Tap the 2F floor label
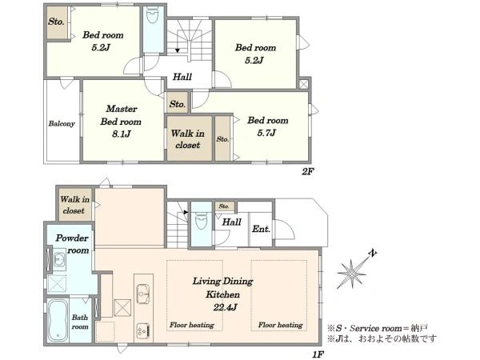pyautogui.click(x=308, y=171)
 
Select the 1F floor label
pyautogui.click(x=318, y=354)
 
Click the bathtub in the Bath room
pyautogui.click(x=58, y=320)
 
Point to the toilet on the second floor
pyautogui.click(x=153, y=14)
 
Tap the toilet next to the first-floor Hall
pyautogui.click(x=201, y=220)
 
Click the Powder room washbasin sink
pyautogui.click(x=59, y=259)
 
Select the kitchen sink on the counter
pyautogui.click(x=143, y=294)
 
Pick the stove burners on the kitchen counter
pyautogui.click(x=143, y=330)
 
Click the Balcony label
pyautogui.click(x=62, y=124)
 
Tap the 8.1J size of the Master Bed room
pyautogui.click(x=122, y=134)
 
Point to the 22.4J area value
pyautogui.click(x=225, y=307)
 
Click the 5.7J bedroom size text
pyautogui.click(x=266, y=133)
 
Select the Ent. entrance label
pyautogui.click(x=261, y=229)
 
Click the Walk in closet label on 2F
pyautogui.click(x=188, y=139)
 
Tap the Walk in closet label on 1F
pyautogui.click(x=74, y=205)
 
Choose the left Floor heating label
pyautogui.click(x=192, y=325)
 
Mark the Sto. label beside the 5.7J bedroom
pyautogui.click(x=222, y=139)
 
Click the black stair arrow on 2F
pyautogui.click(x=178, y=50)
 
